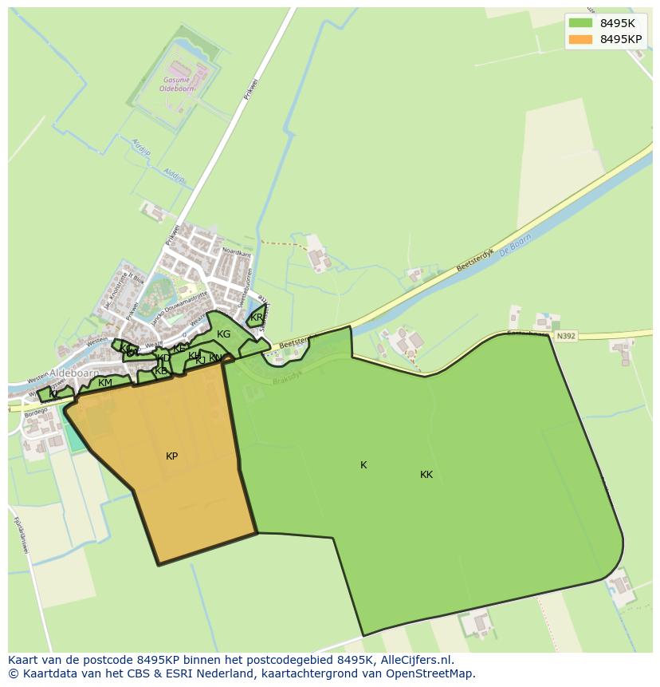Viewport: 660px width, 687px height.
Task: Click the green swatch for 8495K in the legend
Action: click(581, 23)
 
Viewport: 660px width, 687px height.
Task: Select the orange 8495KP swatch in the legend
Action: click(581, 39)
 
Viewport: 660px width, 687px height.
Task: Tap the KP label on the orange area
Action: click(171, 456)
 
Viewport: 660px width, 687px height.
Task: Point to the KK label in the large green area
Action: click(426, 475)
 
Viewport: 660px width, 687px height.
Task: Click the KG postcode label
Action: click(223, 334)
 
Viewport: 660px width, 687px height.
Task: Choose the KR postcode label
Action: click(256, 318)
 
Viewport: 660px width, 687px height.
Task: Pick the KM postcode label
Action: click(105, 383)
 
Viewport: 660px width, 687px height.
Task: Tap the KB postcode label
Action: click(161, 371)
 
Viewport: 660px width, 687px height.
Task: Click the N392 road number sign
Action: click(566, 337)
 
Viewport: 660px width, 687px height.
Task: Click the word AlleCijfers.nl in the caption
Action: click(415, 661)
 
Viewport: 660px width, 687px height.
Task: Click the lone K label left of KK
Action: click(363, 465)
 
